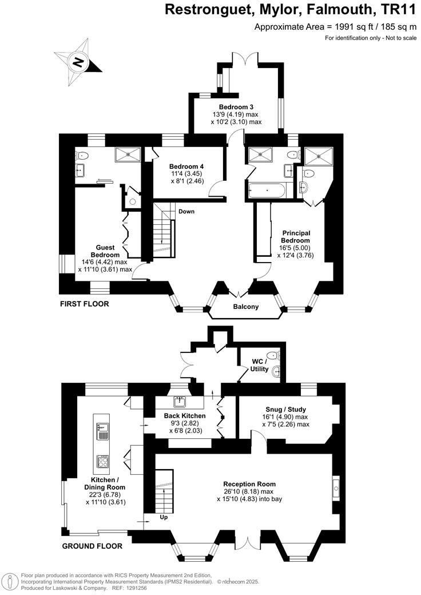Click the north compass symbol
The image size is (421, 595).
coord(78,62)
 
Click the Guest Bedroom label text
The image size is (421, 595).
coord(105,251)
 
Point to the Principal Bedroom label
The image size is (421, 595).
coord(296,237)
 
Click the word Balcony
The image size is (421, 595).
coord(246,307)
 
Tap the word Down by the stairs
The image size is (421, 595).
coord(186,211)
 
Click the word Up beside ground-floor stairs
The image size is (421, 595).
coord(164,517)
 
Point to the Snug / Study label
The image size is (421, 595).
coord(285,410)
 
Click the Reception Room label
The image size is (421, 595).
coord(249,484)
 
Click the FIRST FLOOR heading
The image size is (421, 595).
coord(84,304)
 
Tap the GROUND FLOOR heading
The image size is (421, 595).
coord(92,546)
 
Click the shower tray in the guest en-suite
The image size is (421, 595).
coord(128,154)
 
